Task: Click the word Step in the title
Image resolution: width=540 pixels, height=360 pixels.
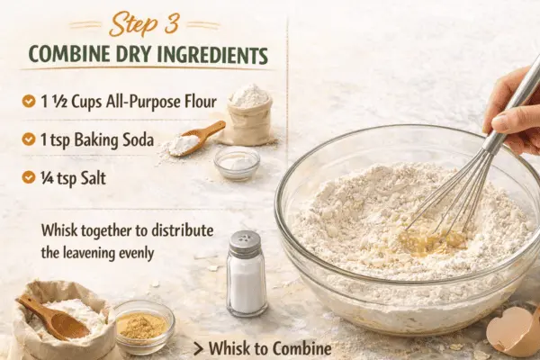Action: (x=131, y=23)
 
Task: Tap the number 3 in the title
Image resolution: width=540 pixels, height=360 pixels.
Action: (x=170, y=22)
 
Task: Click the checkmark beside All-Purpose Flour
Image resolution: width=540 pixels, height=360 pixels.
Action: (x=29, y=102)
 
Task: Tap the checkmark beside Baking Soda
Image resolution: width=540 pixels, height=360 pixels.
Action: (x=29, y=139)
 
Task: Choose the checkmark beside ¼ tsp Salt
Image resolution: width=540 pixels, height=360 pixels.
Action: (x=29, y=177)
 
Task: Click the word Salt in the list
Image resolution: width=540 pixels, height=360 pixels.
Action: (x=93, y=178)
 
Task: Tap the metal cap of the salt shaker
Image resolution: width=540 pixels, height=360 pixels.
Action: (x=245, y=243)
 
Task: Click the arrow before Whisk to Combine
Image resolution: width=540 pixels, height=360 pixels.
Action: (x=198, y=348)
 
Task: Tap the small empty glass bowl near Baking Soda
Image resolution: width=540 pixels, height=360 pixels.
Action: (x=237, y=163)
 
